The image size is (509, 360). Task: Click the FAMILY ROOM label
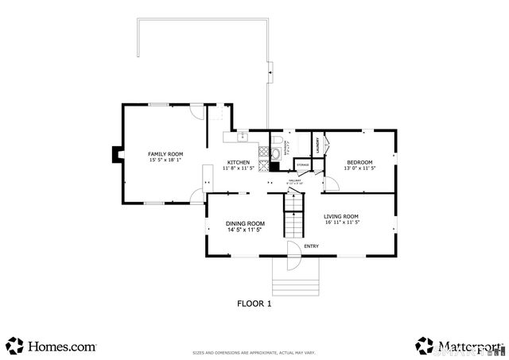click(165, 153)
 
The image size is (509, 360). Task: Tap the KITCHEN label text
click(239, 162)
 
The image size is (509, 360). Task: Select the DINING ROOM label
click(245, 223)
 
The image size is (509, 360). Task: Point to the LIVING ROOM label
click(342, 216)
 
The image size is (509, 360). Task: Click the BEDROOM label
click(359, 162)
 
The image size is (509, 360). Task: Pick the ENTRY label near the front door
click(311, 246)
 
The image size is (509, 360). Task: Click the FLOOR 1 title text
click(254, 303)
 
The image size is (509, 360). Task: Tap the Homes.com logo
click(51, 346)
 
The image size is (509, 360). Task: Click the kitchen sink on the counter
click(242, 137)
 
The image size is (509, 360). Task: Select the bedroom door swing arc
click(332, 183)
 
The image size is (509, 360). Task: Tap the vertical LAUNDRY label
click(318, 145)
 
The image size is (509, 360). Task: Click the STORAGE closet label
click(303, 165)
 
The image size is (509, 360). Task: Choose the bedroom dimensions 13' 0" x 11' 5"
click(359, 168)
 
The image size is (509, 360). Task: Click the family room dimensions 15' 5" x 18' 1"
click(165, 160)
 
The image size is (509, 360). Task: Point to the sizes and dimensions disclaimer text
click(254, 353)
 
